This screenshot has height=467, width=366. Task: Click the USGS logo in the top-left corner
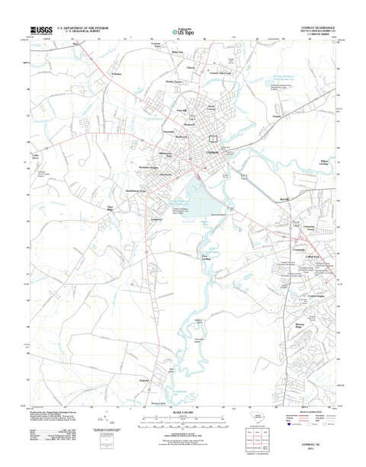coord(41,30)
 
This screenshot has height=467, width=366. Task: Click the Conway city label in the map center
coord(214,152)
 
